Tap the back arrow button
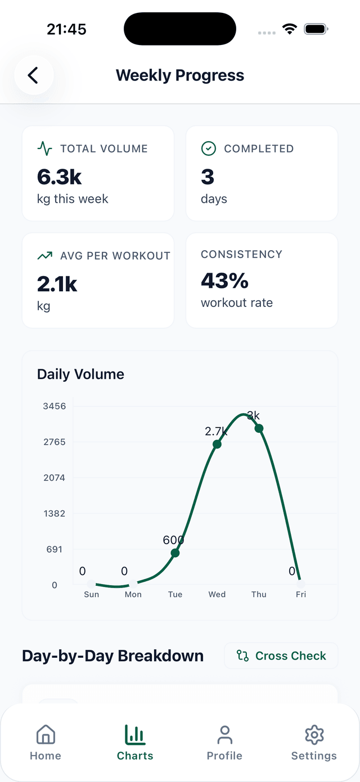point(34,75)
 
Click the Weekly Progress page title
point(180,75)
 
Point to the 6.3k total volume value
point(60,177)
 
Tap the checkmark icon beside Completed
point(209,148)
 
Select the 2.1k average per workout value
point(57,284)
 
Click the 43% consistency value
point(224,281)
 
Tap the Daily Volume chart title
point(80,374)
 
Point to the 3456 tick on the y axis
point(55,406)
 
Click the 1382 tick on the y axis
point(55,513)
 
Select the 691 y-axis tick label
point(55,549)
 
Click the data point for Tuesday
point(175,553)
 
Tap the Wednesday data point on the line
point(217,444)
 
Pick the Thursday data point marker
point(259,428)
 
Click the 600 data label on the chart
point(173,540)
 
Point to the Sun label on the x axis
point(91,594)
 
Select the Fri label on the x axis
point(301,594)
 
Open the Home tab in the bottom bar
point(46,743)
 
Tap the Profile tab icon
point(224,735)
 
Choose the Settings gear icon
point(314,735)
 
